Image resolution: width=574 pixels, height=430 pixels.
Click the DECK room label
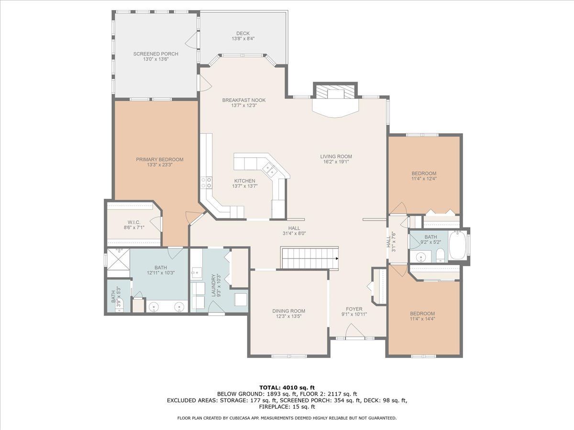(243, 33)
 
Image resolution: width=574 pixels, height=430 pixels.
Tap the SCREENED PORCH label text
(155, 54)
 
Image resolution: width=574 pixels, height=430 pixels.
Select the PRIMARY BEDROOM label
(159, 159)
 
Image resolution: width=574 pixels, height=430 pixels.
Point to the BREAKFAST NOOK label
(244, 100)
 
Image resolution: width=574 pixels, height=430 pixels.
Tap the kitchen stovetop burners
(206, 183)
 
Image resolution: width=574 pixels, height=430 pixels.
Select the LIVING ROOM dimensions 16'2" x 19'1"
(336, 162)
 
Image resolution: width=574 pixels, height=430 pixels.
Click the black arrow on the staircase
(337, 258)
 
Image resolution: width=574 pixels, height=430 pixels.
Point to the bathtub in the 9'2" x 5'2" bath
(457, 245)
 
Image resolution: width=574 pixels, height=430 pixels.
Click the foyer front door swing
(355, 331)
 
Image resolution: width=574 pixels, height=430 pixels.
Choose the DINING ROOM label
(289, 311)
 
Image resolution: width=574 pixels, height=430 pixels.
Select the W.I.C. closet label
(134, 222)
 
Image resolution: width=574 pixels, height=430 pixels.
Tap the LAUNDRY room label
(214, 285)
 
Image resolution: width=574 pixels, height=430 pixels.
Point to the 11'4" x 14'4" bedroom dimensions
(422, 319)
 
